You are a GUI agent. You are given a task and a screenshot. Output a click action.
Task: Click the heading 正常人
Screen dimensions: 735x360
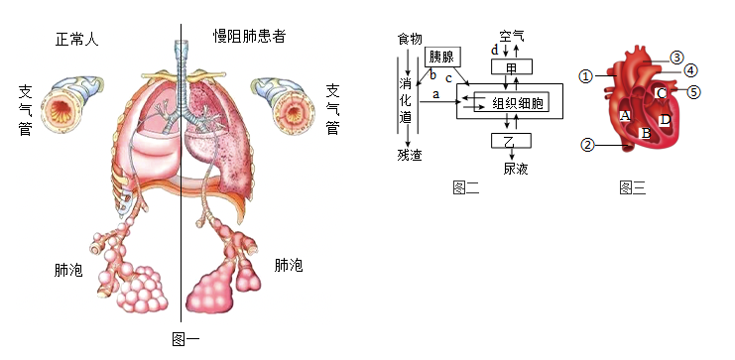(77, 39)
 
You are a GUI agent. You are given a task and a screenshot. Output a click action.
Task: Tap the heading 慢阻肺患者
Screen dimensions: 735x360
(249, 36)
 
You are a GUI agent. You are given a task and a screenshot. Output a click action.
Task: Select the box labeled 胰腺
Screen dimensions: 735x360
(442, 58)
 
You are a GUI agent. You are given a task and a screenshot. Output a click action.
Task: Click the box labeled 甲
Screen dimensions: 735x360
(512, 67)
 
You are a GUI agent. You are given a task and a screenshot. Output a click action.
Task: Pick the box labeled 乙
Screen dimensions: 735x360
(511, 141)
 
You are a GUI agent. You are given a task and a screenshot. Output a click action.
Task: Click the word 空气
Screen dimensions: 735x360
(512, 37)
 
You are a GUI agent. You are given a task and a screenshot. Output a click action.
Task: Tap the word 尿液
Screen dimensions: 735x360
(516, 169)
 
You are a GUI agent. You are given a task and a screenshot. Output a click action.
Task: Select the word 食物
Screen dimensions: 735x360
(410, 39)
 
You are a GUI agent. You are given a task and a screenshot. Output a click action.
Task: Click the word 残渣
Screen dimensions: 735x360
(410, 155)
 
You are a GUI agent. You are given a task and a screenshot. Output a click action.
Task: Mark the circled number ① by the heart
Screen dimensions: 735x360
(586, 76)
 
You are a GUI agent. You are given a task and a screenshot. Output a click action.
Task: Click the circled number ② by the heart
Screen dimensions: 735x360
(588, 145)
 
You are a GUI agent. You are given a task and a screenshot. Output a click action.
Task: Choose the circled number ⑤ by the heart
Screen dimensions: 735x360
(694, 92)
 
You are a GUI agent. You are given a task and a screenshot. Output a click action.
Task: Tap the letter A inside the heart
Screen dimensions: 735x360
(624, 115)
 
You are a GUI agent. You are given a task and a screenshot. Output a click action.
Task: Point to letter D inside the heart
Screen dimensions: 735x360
(665, 120)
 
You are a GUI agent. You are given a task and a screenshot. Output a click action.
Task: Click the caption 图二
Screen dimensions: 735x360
(466, 187)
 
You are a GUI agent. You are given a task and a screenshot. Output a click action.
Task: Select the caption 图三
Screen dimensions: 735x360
(633, 187)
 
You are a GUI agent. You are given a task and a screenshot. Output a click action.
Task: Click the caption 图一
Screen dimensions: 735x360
(185, 338)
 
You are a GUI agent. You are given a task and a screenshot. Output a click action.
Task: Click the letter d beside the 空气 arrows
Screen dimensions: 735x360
(495, 51)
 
